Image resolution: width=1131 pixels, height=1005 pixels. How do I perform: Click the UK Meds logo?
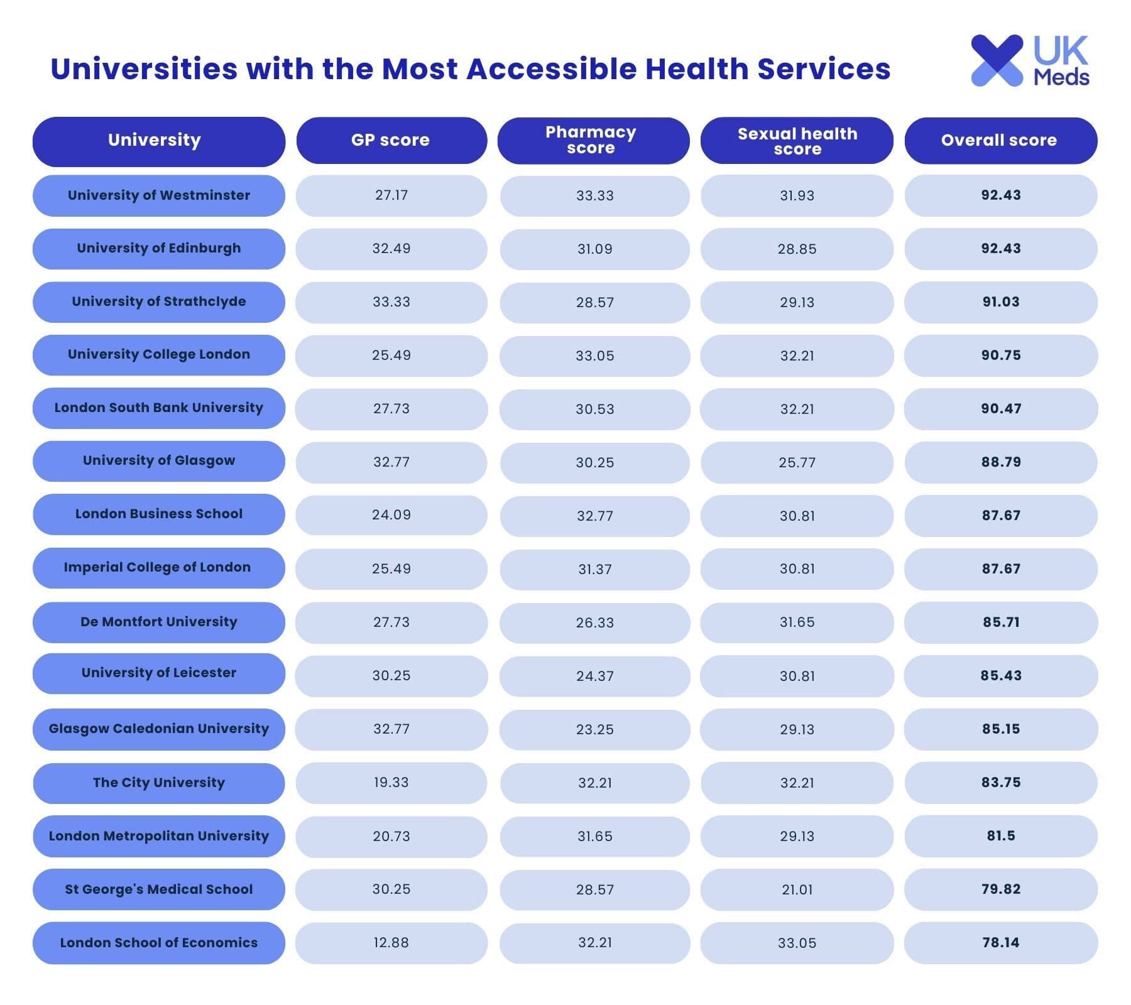click(1029, 60)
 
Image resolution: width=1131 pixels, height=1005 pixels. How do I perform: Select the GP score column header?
click(391, 140)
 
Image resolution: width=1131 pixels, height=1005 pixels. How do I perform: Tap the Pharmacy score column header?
click(591, 140)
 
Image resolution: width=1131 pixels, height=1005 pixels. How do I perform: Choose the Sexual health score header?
click(797, 141)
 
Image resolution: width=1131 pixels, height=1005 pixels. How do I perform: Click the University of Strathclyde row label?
click(159, 301)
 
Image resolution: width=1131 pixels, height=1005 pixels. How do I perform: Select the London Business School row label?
click(159, 514)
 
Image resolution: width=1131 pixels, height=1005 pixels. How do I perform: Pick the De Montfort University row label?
click(159, 622)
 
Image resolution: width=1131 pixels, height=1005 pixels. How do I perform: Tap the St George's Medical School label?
click(159, 889)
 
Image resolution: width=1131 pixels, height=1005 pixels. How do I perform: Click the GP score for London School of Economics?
click(391, 943)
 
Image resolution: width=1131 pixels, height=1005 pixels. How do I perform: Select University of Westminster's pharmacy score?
click(594, 195)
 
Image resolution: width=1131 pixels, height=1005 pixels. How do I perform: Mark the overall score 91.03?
click(1001, 301)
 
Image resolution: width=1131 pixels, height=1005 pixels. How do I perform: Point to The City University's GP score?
click(391, 783)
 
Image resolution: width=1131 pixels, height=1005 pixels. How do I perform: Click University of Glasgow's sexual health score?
click(797, 462)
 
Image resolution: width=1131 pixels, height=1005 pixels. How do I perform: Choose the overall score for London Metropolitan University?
click(1001, 836)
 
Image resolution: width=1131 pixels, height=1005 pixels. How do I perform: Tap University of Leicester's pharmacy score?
click(594, 676)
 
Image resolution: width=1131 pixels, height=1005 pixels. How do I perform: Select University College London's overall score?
click(1001, 355)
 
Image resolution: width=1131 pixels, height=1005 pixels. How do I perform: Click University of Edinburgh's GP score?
click(391, 248)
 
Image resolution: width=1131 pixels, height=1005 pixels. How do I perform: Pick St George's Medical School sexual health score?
click(797, 889)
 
